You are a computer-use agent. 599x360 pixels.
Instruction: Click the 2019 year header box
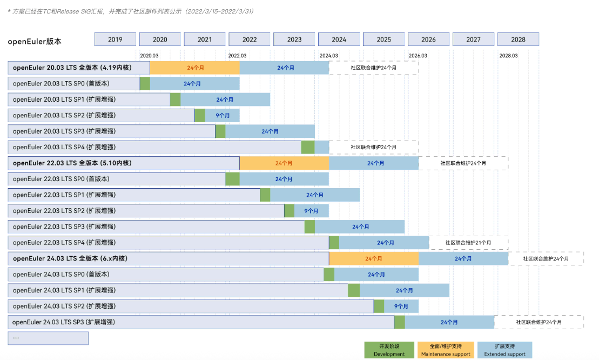(115, 39)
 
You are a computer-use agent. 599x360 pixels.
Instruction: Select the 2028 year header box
(518, 39)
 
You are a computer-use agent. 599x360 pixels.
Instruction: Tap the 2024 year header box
(339, 39)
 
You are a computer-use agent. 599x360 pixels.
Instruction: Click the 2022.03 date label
(237, 56)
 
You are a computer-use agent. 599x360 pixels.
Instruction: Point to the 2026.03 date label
(418, 56)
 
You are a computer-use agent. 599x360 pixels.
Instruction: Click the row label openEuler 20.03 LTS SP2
(64, 115)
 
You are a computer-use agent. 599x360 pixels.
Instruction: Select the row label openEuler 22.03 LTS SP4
(64, 243)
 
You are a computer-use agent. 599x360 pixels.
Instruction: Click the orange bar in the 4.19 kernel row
(194, 68)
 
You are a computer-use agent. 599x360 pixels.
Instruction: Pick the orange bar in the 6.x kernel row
(374, 259)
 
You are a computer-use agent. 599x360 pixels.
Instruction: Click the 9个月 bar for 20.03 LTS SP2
(222, 115)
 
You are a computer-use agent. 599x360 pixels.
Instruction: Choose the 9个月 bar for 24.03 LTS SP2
(401, 306)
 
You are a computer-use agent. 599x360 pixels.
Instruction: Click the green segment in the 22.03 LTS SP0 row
(232, 179)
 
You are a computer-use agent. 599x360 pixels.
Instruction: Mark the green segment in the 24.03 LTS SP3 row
(399, 322)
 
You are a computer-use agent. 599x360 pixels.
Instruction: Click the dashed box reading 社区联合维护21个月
(468, 243)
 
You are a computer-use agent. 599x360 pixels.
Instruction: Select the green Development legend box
(389, 350)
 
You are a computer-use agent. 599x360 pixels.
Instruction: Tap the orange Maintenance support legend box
(446, 350)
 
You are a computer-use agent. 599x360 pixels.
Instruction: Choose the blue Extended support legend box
(504, 350)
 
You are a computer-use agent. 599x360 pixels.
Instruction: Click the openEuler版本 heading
(35, 41)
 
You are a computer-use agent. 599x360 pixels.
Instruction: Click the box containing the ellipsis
(48, 338)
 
